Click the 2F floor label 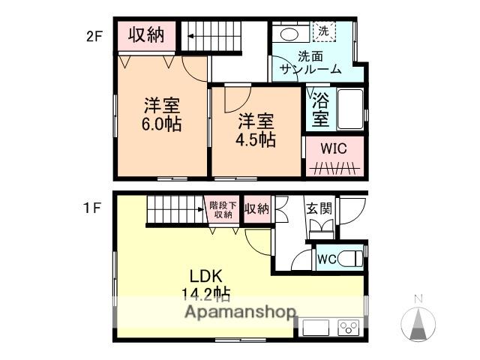94,37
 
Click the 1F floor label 92,208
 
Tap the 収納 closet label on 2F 146,34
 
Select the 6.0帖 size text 161,124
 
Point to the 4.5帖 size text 256,140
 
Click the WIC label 334,148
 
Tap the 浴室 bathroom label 320,109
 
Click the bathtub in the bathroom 350,109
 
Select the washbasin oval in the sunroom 289,34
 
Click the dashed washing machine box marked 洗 324,31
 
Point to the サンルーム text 310,70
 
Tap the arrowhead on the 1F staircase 201,210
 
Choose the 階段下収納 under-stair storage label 223,210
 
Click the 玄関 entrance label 319,208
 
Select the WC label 327,259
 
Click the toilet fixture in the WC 350,259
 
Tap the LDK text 205,276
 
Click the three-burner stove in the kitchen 348,327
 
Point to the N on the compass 418,298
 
